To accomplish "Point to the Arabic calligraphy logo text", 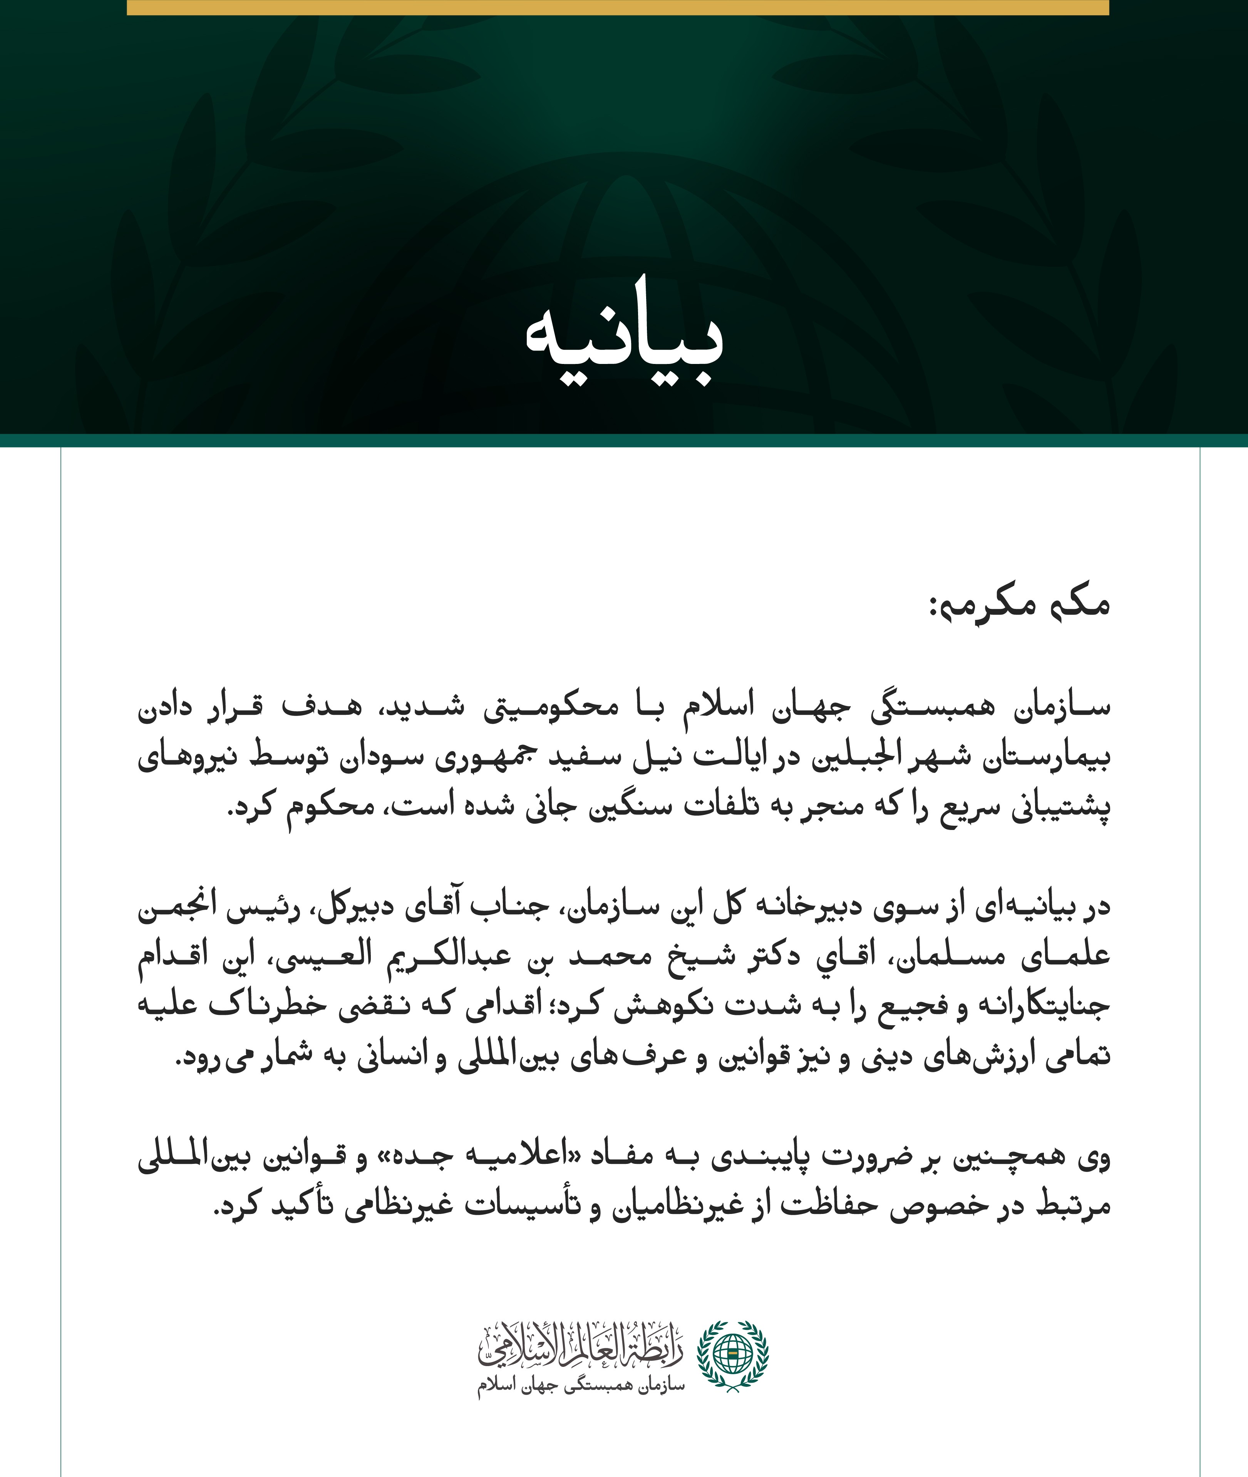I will click(581, 1344).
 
